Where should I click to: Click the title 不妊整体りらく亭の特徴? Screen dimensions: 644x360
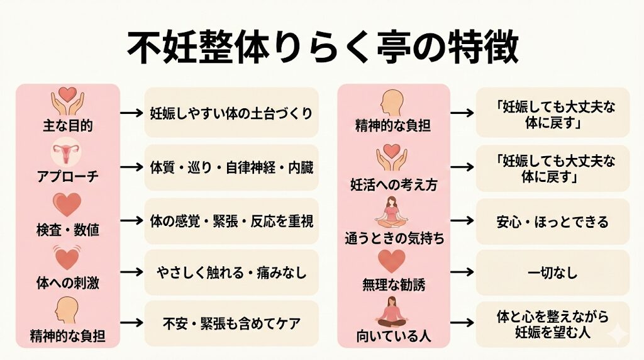click(x=323, y=47)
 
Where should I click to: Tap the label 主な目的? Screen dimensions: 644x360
click(x=68, y=125)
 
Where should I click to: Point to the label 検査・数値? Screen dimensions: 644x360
click(x=68, y=230)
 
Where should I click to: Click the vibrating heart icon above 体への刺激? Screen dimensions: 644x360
click(x=67, y=258)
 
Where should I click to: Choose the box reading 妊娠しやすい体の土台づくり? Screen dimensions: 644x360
click(x=231, y=112)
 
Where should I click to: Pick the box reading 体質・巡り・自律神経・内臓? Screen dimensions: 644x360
click(x=231, y=167)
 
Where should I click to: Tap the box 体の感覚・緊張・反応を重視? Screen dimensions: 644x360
click(x=231, y=221)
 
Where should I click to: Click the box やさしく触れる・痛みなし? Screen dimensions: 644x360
click(x=231, y=272)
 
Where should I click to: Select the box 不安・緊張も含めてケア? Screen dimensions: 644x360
click(x=231, y=323)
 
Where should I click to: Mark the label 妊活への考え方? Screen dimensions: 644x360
click(x=394, y=185)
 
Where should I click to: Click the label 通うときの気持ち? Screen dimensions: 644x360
click(x=394, y=239)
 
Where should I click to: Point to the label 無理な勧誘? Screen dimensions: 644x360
click(x=394, y=284)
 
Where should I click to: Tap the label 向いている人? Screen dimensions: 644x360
click(x=394, y=336)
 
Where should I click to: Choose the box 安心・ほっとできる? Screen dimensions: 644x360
click(x=552, y=222)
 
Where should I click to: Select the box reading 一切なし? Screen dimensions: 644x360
click(x=552, y=273)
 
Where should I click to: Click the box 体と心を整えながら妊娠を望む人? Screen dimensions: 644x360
click(x=552, y=324)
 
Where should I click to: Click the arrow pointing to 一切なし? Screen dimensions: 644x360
click(x=462, y=272)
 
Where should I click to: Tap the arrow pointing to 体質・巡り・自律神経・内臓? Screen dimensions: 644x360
click(x=132, y=167)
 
